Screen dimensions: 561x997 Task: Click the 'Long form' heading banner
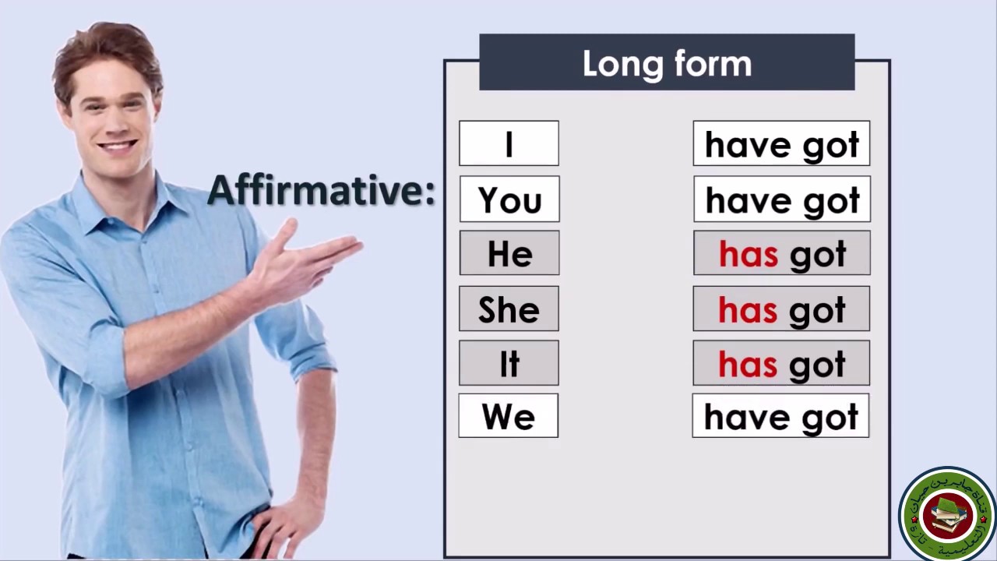pos(667,63)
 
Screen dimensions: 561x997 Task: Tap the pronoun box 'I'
pos(509,144)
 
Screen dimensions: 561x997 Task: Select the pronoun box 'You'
pos(509,199)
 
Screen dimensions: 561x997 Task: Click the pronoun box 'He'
pos(509,254)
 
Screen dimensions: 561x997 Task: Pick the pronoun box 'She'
pos(509,309)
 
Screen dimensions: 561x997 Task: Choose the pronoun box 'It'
pos(509,364)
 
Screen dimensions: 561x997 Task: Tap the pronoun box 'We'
pos(508,417)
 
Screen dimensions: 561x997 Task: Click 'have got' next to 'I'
pos(781,144)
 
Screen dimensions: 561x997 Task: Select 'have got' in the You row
pos(782,199)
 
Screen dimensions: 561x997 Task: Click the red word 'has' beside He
pos(749,255)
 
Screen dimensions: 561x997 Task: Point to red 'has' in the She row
pos(748,310)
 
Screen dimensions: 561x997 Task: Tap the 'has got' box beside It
pos(781,364)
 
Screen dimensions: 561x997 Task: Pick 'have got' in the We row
pos(780,417)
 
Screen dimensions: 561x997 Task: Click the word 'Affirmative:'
pos(321,190)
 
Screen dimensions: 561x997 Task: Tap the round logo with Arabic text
pos(947,513)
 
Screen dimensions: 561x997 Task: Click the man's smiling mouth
pos(118,146)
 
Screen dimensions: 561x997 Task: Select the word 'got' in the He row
pos(818,255)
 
